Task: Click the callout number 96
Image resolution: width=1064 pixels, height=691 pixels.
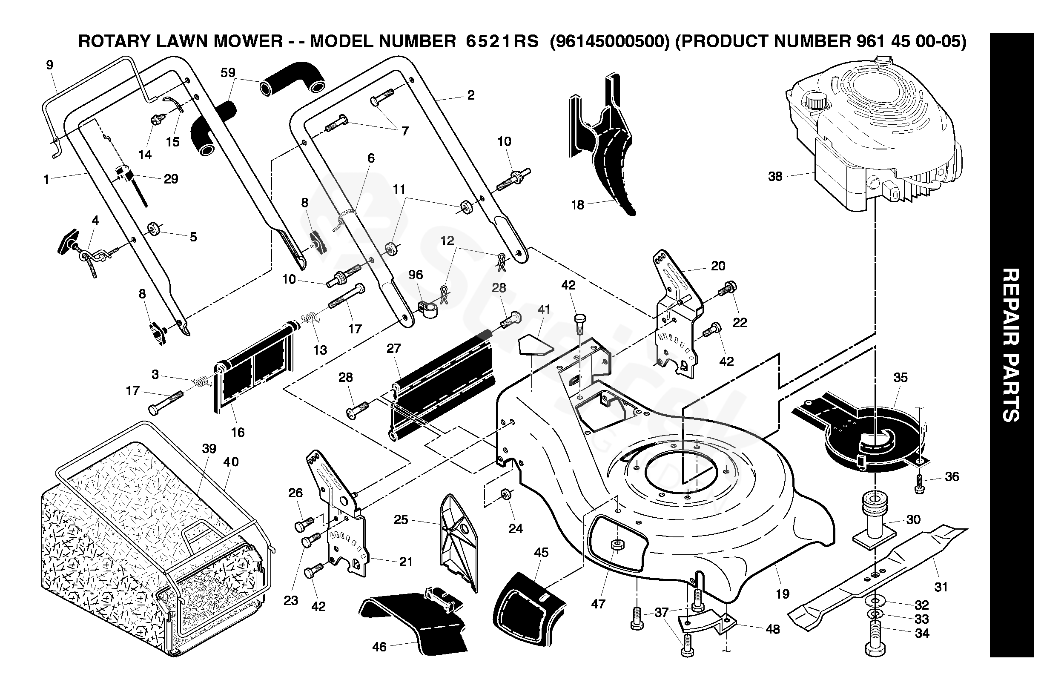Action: click(415, 275)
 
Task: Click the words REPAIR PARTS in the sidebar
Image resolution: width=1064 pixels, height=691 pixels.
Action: click(1011, 344)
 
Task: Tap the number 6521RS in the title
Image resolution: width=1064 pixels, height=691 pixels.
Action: click(502, 42)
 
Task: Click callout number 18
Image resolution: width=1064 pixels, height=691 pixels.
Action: click(578, 205)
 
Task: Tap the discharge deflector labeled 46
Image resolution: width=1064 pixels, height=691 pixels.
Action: click(416, 621)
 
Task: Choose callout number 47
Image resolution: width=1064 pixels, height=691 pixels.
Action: click(598, 604)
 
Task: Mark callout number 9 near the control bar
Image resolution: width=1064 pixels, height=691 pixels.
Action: click(50, 65)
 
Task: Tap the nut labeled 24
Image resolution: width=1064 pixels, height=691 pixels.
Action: click(506, 493)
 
